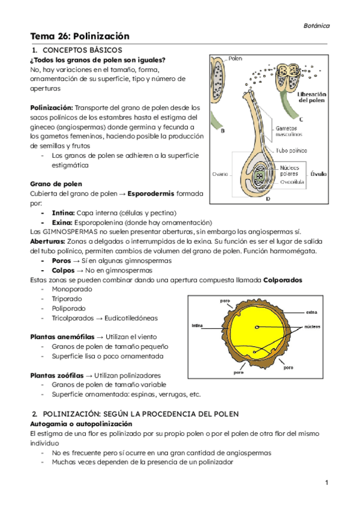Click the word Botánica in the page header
pos(316,26)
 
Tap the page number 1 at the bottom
pos(326,483)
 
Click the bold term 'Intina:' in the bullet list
pos(63,212)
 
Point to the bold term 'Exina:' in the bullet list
pos(62,222)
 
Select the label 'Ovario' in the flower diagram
pos(219,174)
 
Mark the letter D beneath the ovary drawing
pos(267,198)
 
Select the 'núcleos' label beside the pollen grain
pos(312,327)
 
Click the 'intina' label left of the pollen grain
pos(199,326)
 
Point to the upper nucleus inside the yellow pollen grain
pos(257,327)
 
